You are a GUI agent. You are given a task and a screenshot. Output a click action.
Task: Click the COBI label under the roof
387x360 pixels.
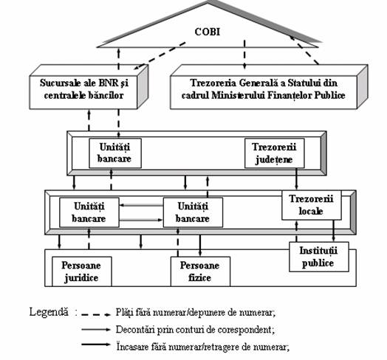click(207, 32)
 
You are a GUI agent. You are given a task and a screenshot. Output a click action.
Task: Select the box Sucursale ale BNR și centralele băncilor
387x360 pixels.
click(83, 92)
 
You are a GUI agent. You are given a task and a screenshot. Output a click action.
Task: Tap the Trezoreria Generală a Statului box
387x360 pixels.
click(264, 92)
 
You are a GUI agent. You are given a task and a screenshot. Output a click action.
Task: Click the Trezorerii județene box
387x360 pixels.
click(275, 153)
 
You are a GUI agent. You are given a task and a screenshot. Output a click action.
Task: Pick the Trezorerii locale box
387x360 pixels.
click(312, 205)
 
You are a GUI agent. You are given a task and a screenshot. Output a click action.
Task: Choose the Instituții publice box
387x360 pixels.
click(319, 257)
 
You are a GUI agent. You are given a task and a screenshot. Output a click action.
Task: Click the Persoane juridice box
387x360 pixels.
click(82, 271)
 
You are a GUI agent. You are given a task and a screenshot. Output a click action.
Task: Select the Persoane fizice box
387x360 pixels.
click(200, 271)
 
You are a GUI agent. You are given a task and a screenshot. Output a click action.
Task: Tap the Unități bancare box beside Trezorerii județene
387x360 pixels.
click(115, 153)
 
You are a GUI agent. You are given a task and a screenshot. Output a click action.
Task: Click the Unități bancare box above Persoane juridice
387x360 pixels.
click(89, 212)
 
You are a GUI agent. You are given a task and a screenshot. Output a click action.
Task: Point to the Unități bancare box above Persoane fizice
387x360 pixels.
click(193, 212)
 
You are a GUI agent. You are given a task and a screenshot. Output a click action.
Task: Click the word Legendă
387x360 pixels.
click(49, 312)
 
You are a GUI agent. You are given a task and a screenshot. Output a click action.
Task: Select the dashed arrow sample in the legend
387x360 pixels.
click(96, 314)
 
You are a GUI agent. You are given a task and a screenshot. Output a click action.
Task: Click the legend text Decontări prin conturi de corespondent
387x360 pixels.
click(195, 330)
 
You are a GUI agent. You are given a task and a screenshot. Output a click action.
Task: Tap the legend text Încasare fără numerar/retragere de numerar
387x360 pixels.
click(203, 347)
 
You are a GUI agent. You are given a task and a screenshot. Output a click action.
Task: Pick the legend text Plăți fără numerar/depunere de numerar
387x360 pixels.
click(196, 312)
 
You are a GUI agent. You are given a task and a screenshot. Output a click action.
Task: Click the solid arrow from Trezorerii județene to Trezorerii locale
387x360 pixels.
click(296, 179)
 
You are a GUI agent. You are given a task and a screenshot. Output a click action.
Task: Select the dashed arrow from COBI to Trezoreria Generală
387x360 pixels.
click(244, 55)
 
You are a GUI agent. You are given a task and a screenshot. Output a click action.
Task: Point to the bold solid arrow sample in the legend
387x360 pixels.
click(96, 345)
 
